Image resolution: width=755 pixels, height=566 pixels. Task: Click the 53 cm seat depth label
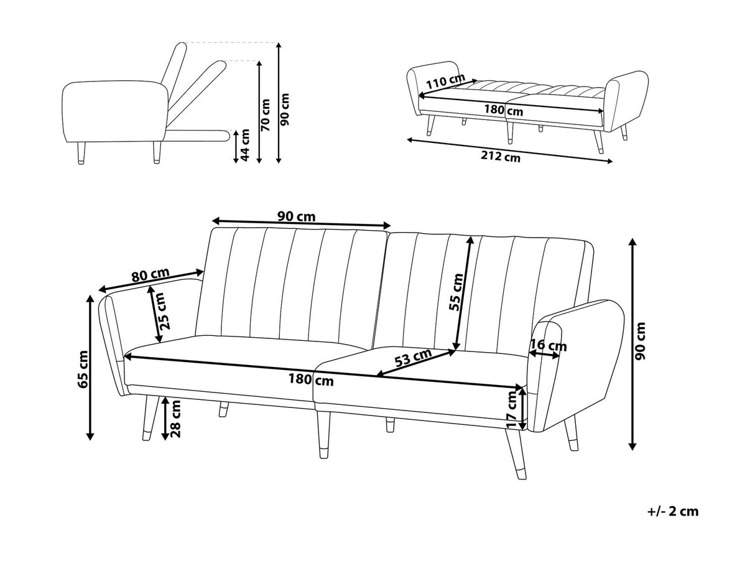pyautogui.click(x=414, y=358)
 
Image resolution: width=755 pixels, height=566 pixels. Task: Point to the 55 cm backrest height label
pyautogui.click(x=457, y=292)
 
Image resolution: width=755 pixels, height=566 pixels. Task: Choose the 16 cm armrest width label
pyautogui.click(x=548, y=345)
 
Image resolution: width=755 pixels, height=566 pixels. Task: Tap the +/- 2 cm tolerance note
pyautogui.click(x=673, y=511)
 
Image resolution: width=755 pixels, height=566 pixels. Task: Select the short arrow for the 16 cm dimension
pyautogui.click(x=544, y=355)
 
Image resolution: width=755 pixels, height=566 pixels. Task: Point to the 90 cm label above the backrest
pyautogui.click(x=296, y=217)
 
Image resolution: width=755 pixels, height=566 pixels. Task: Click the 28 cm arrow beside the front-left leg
pyautogui.click(x=165, y=419)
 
